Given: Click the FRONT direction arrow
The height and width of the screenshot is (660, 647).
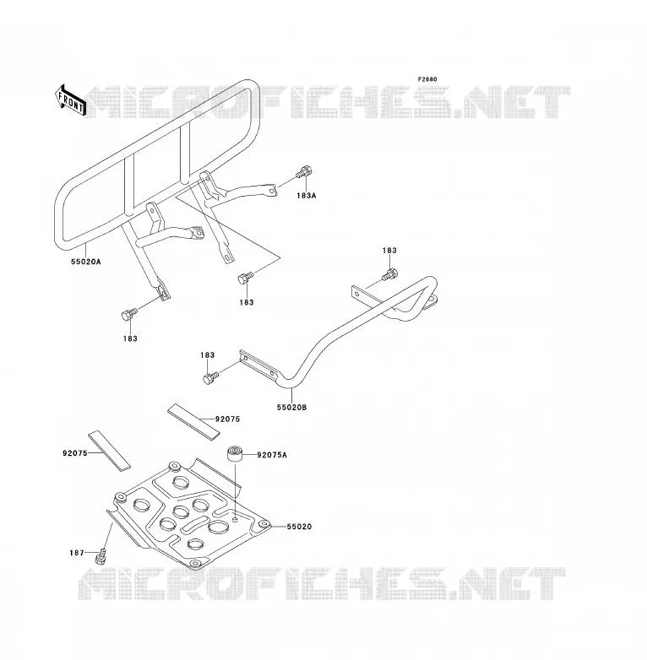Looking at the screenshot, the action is (x=70, y=100).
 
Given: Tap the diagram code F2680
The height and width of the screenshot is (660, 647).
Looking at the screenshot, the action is (x=427, y=79).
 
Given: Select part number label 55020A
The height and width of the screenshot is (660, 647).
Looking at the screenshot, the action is (x=86, y=262).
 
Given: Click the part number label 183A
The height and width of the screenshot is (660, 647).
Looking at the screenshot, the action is (x=307, y=195).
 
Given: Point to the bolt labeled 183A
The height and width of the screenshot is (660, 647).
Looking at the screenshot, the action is (x=304, y=171).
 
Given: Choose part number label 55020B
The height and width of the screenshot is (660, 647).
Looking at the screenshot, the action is (x=291, y=408).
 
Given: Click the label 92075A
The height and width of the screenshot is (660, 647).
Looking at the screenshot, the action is (x=272, y=455).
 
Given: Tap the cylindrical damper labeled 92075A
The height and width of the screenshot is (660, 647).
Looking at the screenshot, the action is (x=235, y=454).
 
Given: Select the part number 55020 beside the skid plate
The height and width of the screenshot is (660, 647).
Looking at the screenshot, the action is (x=299, y=527).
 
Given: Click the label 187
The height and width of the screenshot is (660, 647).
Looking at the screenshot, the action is (x=77, y=553).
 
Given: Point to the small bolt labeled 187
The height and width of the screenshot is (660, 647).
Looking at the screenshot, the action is (x=101, y=555).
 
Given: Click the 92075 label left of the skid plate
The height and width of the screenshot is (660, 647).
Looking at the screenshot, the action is (x=75, y=453).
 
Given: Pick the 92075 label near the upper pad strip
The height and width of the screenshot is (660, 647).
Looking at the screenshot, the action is (x=227, y=419).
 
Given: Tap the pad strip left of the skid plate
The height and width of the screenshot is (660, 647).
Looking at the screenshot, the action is (x=109, y=451).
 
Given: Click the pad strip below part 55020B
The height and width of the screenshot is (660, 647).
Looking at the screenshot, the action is (x=193, y=422).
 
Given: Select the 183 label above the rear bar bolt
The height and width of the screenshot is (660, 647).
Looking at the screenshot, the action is (x=389, y=251).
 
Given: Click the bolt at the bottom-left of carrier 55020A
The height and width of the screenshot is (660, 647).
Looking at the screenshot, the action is (x=129, y=315).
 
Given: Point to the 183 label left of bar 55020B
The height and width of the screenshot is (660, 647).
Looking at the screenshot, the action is (x=207, y=355).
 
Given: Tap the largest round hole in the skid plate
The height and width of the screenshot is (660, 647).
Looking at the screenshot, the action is (x=218, y=527).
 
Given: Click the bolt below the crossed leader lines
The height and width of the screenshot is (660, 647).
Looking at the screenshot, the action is (x=246, y=278).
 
